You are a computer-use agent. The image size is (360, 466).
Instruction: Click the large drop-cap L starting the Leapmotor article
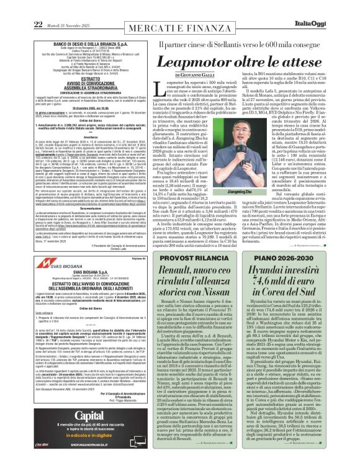tap(152, 92)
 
